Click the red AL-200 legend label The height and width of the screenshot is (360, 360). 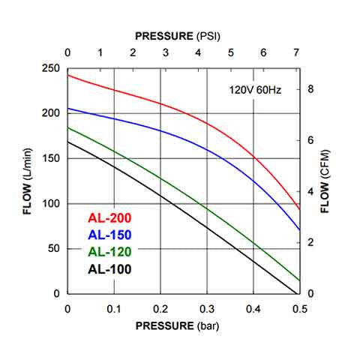click(110, 218)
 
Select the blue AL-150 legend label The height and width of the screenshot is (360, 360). click(110, 235)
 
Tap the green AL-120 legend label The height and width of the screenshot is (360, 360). click(110, 251)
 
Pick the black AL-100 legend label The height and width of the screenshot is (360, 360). click(110, 268)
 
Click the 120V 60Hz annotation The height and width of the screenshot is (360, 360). click(255, 90)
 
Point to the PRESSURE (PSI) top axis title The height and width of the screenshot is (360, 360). click(178, 35)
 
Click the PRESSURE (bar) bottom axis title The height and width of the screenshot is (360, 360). click(179, 326)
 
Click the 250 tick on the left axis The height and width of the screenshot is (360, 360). click(50, 68)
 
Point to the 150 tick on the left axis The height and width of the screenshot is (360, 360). click(50, 158)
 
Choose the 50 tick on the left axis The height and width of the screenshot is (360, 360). click(53, 248)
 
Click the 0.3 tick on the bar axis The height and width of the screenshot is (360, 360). click(206, 308)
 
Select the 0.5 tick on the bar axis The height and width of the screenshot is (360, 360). click(299, 308)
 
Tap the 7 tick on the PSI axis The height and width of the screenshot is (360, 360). click(296, 53)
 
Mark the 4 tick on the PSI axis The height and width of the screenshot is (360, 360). click(198, 53)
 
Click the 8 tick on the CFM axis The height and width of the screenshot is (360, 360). click(310, 89)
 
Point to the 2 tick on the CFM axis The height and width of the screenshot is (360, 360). click(310, 242)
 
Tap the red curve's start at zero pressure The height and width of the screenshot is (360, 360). click(68, 75)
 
